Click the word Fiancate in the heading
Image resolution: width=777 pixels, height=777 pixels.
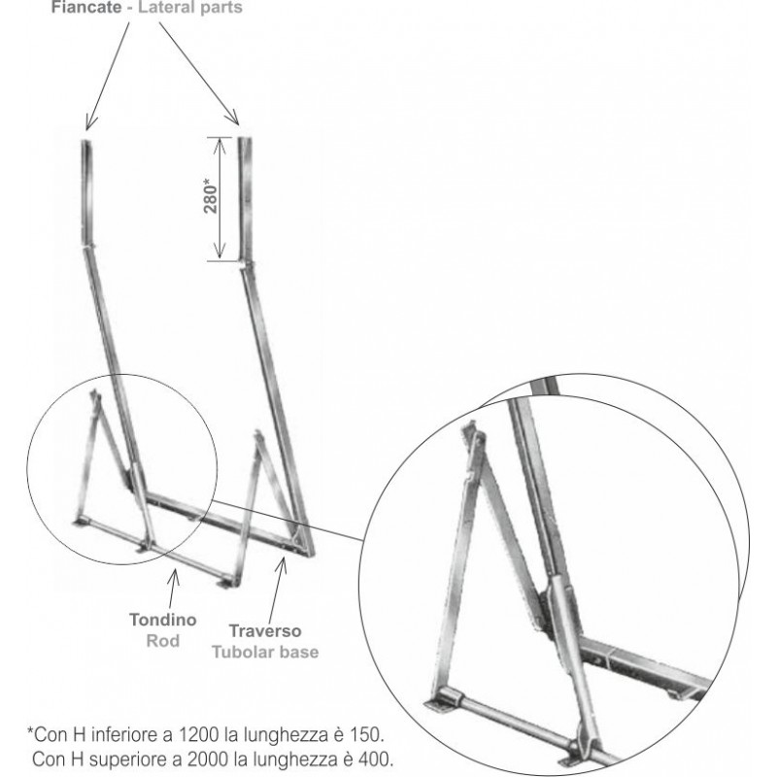[x=86, y=8]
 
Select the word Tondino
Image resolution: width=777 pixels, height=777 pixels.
[x=163, y=620]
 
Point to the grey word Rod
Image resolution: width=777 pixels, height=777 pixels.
[x=163, y=641]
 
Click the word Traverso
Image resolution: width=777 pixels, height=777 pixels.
[x=265, y=630]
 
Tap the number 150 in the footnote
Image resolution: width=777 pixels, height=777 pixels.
[x=367, y=734]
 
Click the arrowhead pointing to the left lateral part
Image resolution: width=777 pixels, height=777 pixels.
[x=90, y=122]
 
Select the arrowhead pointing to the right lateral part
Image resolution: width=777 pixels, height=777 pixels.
[x=233, y=118]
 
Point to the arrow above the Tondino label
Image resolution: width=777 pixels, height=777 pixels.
[x=172, y=590]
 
